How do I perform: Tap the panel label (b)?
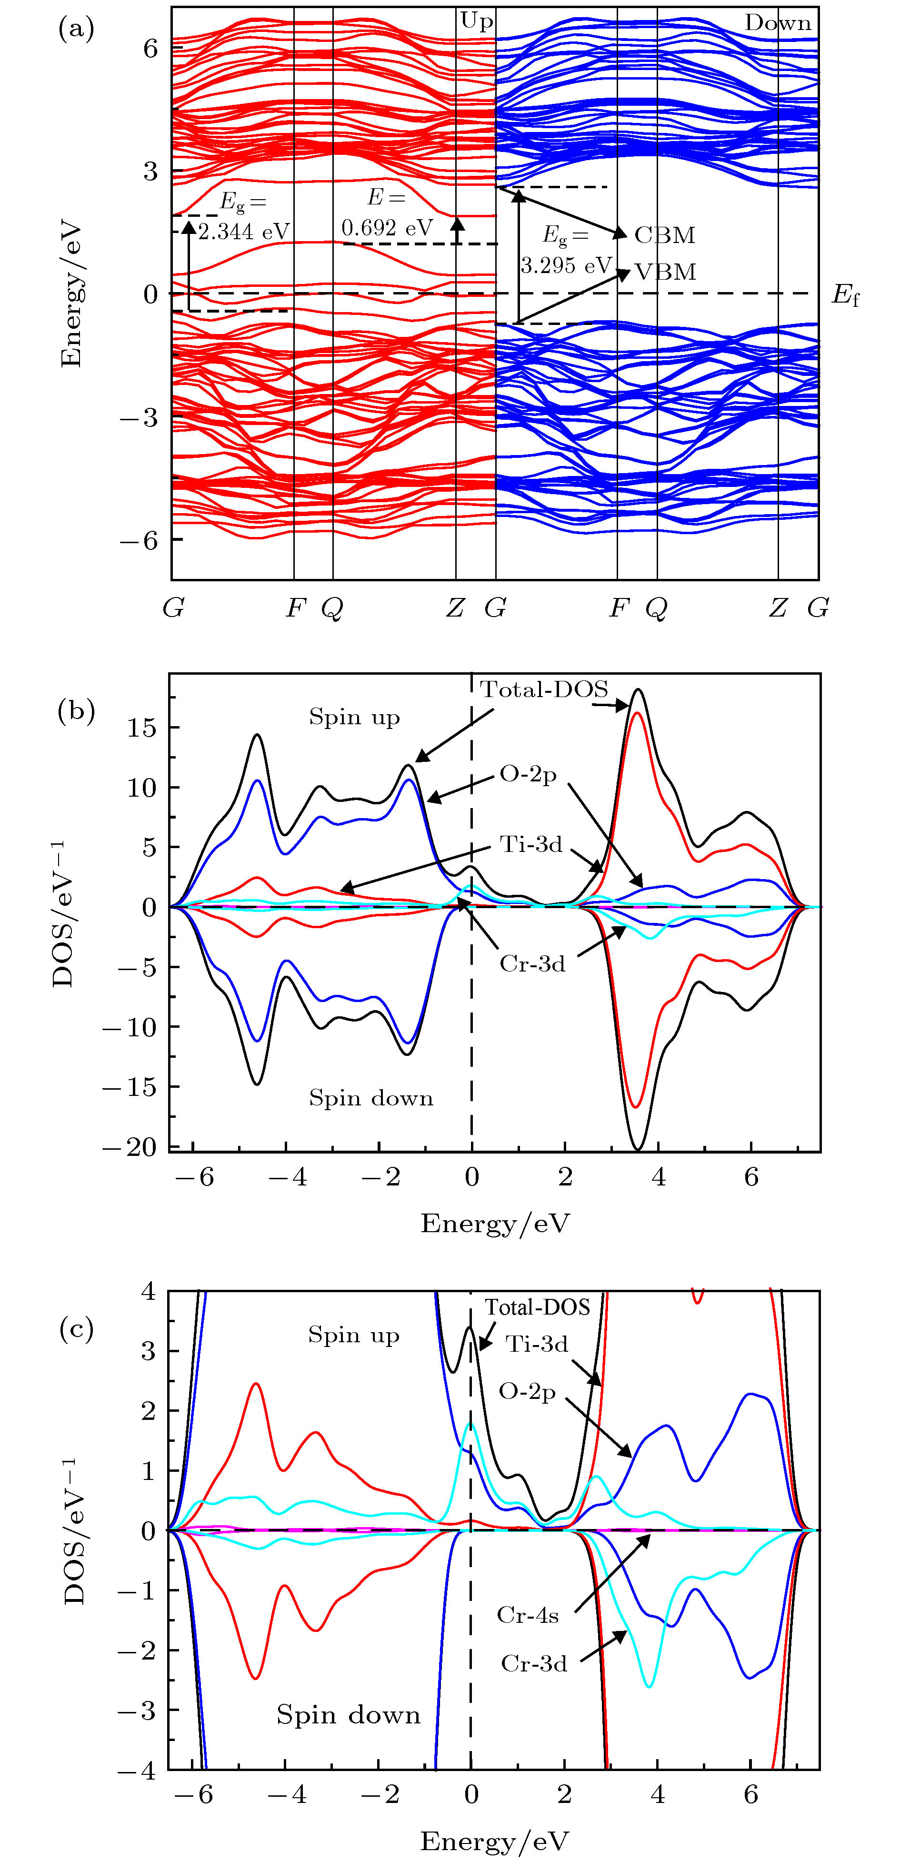(x=76, y=712)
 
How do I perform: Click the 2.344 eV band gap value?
(x=244, y=232)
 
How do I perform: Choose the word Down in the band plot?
(x=778, y=23)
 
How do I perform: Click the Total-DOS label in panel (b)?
(x=544, y=690)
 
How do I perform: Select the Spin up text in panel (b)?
(x=354, y=718)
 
